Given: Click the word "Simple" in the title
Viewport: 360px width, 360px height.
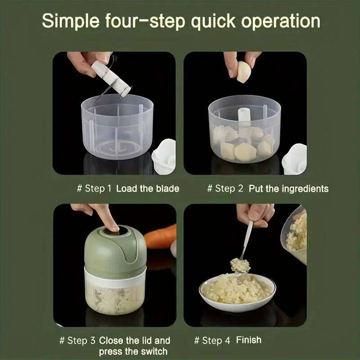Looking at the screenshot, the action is [x=71, y=21].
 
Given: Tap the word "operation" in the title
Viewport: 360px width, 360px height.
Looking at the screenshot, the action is [x=280, y=22].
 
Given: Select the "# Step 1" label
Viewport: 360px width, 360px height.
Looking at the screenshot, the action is [x=94, y=189].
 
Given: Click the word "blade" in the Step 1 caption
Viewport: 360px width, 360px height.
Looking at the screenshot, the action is [x=167, y=189].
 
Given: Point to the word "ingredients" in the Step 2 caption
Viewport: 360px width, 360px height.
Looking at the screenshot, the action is [x=305, y=189].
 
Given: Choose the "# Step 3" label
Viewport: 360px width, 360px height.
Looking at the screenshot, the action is [x=77, y=341].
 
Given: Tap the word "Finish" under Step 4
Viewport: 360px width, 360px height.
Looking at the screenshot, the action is [x=249, y=340].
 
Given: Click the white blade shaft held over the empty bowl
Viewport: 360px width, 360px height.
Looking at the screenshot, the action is [x=111, y=78].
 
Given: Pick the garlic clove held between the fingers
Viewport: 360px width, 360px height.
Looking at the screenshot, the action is [x=243, y=72].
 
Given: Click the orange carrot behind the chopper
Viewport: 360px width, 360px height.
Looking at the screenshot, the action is [x=161, y=237].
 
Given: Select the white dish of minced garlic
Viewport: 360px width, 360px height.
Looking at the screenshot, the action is [x=238, y=293].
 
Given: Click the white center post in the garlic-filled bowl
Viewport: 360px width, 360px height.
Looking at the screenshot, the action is [x=244, y=121].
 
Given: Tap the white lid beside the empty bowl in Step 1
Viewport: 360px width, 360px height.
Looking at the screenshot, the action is [x=164, y=157].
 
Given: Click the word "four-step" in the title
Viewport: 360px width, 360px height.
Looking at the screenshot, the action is [x=145, y=21].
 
